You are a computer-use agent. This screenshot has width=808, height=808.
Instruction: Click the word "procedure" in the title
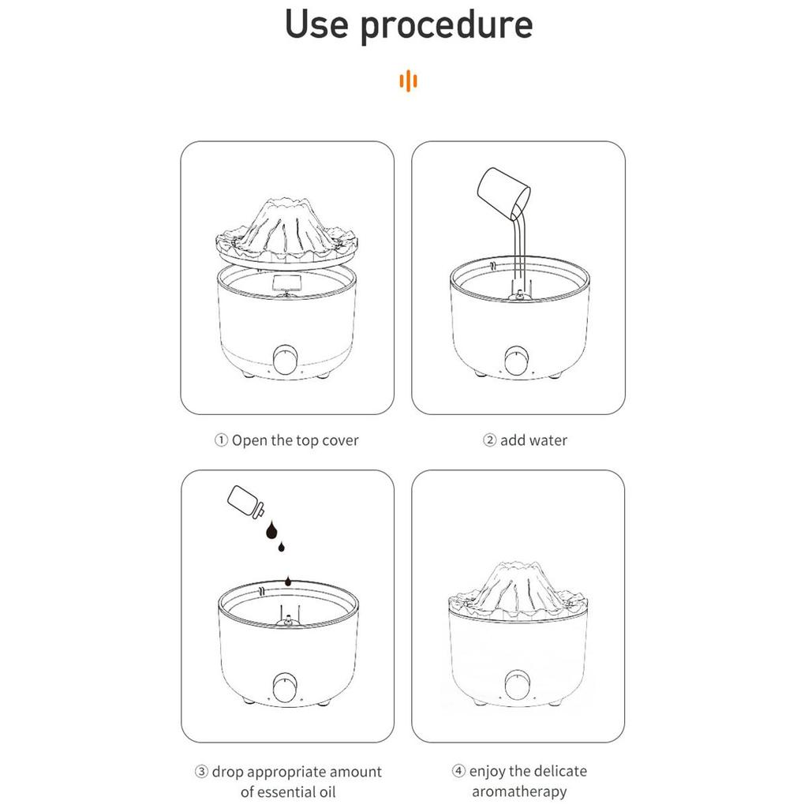point(447,26)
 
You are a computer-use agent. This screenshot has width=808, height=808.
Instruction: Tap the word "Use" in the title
point(316,24)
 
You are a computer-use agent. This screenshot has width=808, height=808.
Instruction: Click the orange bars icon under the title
point(408,81)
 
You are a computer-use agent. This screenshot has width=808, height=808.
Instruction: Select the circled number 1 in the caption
point(221,440)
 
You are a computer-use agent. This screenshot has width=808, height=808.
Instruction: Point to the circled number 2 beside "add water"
point(489,440)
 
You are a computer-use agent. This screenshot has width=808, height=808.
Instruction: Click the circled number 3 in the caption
point(201,772)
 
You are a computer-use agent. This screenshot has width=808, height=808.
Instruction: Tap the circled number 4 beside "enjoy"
point(458,771)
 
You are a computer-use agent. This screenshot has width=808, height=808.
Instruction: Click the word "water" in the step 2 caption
point(548,440)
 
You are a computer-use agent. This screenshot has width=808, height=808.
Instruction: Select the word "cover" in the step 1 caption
point(340,441)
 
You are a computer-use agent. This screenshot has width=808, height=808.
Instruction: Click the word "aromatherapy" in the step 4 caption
point(519,791)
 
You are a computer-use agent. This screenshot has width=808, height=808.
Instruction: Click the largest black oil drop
point(271,530)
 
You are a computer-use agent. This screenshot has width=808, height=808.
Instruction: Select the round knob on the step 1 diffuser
point(285,359)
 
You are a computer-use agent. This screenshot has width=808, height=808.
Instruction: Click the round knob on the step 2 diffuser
point(516,360)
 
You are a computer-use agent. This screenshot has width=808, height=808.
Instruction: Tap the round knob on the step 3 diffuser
point(285,687)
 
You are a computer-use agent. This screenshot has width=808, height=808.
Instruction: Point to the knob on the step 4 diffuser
point(517,686)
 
